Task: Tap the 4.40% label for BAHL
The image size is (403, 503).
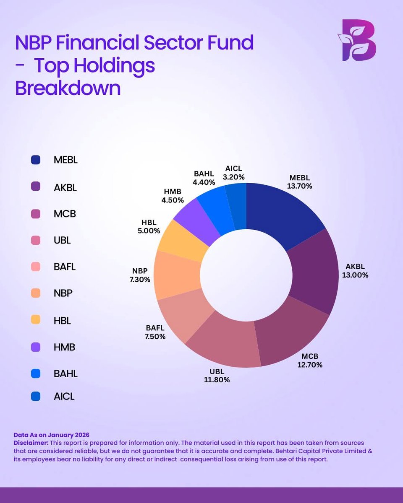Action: (x=204, y=182)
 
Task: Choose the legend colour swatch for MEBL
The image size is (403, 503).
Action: (x=36, y=160)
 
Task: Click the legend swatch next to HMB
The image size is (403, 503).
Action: (x=36, y=347)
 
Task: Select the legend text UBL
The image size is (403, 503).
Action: (x=62, y=241)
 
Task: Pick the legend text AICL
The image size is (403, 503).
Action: (x=64, y=396)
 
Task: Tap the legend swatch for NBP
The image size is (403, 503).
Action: (x=36, y=293)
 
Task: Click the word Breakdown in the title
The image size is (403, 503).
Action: (x=68, y=88)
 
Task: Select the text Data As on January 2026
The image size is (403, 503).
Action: (x=52, y=435)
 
